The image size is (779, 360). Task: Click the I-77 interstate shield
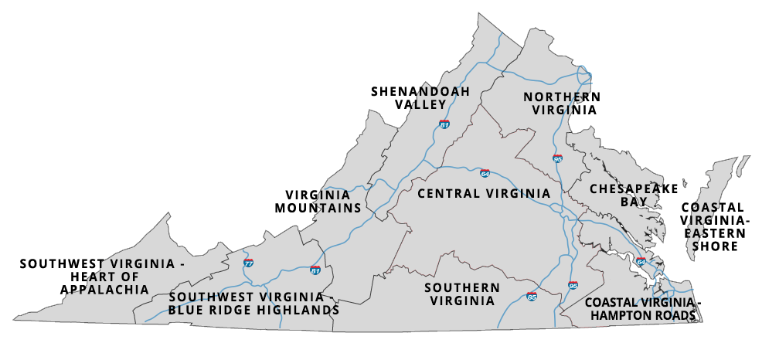[248, 263]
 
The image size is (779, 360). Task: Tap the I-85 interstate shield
[532, 296]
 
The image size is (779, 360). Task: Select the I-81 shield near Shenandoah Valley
[444, 124]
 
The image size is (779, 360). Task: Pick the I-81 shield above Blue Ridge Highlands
[315, 270]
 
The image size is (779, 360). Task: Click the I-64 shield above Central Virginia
[485, 173]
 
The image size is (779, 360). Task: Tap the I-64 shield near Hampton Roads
[641, 261]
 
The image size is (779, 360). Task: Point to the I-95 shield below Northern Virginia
[557, 158]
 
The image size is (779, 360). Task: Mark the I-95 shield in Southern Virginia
[573, 285]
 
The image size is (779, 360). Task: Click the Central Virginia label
[483, 193]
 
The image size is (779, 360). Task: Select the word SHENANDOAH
[420, 91]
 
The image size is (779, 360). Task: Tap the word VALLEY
[420, 104]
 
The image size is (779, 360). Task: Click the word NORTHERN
[562, 97]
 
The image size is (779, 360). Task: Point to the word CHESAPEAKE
[634, 188]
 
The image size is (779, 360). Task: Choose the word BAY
[634, 202]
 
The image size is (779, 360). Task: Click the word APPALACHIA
[104, 290]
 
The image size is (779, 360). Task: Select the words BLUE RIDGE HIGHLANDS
[254, 311]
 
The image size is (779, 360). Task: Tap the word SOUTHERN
[462, 287]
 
